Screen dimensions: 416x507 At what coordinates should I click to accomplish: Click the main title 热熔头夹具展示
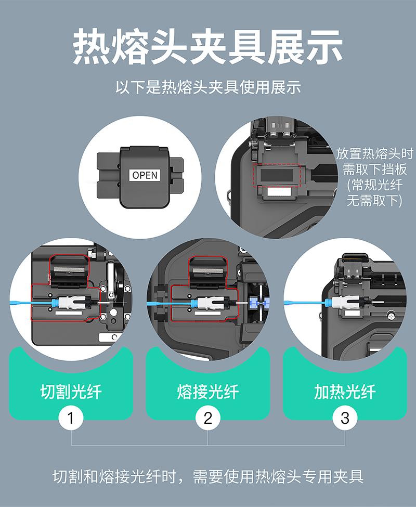click(207, 47)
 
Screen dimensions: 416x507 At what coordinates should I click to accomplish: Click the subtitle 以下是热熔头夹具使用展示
click(208, 87)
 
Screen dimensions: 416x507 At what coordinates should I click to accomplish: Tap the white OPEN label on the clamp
click(145, 175)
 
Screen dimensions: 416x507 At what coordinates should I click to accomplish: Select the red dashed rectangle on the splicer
click(277, 176)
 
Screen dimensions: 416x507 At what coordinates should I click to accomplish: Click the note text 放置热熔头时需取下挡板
click(374, 161)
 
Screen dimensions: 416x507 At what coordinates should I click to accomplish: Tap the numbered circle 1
click(71, 418)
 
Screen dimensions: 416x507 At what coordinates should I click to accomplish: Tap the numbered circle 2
click(208, 418)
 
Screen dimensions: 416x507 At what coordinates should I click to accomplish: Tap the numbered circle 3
click(345, 418)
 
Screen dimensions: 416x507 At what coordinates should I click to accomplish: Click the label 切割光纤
click(71, 392)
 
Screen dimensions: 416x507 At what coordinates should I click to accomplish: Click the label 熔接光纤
click(208, 392)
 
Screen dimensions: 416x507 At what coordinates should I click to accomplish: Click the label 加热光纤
click(345, 392)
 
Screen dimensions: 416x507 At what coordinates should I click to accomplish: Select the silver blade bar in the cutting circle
click(69, 270)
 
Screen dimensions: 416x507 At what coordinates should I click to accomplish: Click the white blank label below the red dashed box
click(280, 192)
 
